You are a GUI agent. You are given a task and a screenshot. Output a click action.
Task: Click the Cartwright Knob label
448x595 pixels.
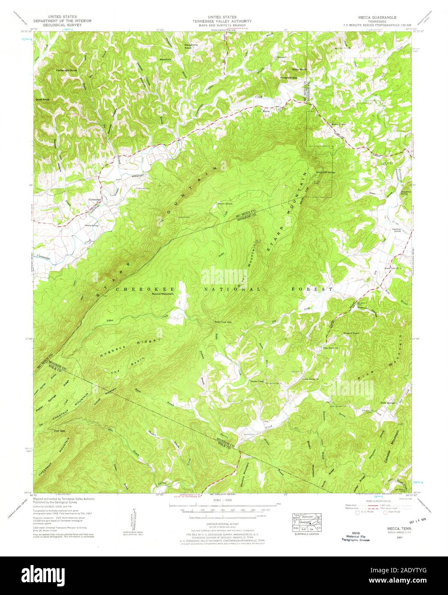66,70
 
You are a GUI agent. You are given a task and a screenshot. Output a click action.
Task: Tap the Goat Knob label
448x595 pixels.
43,99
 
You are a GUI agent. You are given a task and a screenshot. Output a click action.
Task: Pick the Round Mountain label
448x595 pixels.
163,294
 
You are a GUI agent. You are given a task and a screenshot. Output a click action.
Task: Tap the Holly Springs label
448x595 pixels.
388,403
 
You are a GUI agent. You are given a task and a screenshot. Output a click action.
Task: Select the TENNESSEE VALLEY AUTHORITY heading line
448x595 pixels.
221,21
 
